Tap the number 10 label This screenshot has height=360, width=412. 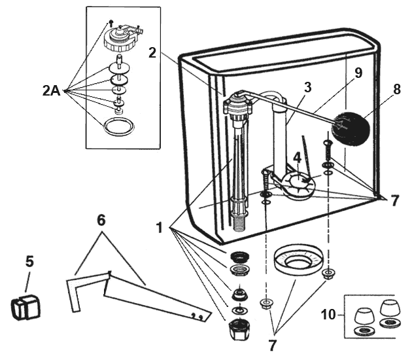(x=331, y=315)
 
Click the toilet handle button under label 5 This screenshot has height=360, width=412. (x=26, y=307)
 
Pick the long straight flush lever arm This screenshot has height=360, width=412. (x=157, y=294)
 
